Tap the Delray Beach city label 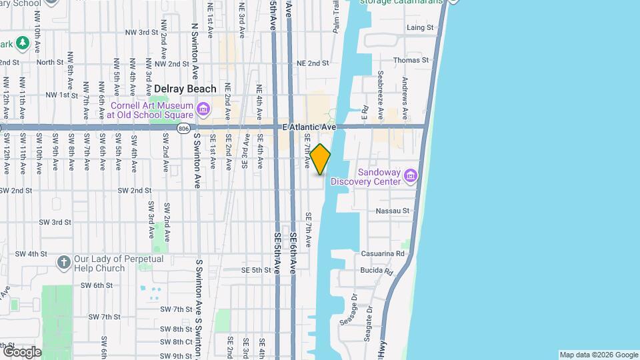(x=185, y=89)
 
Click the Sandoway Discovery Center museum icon (x=410, y=176)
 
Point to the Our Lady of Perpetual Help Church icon (x=64, y=262)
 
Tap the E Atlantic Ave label (x=309, y=127)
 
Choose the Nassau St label (x=392, y=211)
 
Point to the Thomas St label (x=411, y=60)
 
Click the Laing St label (x=420, y=28)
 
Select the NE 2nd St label (x=313, y=63)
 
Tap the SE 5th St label (x=257, y=271)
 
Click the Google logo (x=22, y=351)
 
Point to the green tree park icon (x=23, y=43)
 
